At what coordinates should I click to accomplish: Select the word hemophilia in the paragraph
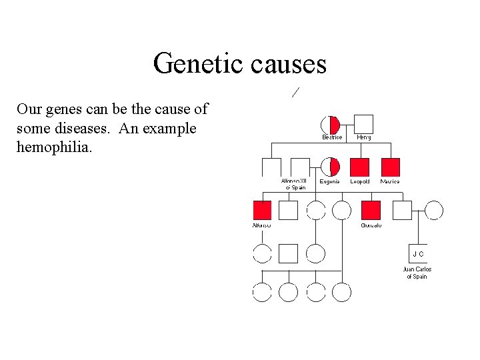point(54,147)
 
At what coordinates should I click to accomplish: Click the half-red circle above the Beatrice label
point(331,125)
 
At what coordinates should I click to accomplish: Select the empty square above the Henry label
point(363,125)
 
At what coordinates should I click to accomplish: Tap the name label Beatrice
point(332,137)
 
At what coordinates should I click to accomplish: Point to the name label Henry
point(364,137)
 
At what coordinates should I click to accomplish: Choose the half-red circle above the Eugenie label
point(331,167)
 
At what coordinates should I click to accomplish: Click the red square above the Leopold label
point(360,167)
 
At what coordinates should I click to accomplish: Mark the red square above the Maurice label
point(390,167)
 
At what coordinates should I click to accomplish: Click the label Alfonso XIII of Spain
point(294,184)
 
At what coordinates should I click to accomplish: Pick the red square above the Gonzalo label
point(371,211)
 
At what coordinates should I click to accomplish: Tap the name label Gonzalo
point(371,225)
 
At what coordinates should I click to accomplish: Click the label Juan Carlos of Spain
point(417,273)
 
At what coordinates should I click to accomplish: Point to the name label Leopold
point(360,181)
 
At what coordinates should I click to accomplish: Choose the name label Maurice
point(390,181)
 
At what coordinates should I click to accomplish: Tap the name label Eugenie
point(330,181)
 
